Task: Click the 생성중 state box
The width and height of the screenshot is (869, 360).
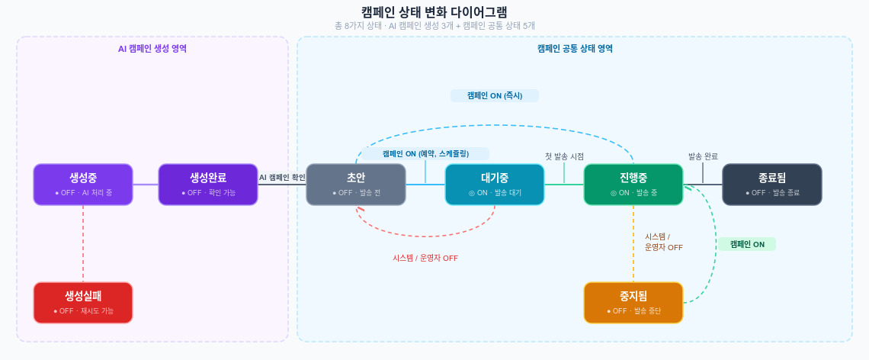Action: click(83, 184)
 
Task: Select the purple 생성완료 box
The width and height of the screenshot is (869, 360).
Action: click(208, 184)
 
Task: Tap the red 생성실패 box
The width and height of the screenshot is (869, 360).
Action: click(83, 302)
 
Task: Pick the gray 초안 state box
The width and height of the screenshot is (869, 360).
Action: click(356, 184)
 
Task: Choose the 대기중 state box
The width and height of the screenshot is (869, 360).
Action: click(495, 184)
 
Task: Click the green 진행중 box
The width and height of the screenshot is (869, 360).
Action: click(633, 184)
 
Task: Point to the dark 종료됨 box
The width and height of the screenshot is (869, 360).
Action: click(772, 184)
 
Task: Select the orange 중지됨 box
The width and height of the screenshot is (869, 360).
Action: click(633, 302)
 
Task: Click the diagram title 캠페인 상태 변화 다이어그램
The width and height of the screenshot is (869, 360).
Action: click(434, 11)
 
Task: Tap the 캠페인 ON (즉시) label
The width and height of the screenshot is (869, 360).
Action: click(495, 95)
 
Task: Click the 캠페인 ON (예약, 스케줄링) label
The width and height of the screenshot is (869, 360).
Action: click(425, 153)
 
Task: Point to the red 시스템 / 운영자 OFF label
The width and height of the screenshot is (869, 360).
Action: click(425, 258)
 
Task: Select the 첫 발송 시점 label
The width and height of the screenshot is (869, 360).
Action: click(564, 156)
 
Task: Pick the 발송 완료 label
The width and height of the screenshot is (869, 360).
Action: click(703, 156)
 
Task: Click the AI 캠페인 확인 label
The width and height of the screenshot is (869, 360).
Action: click(282, 178)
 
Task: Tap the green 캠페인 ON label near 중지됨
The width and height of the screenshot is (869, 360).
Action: click(747, 244)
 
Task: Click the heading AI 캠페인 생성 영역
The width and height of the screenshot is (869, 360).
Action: click(152, 48)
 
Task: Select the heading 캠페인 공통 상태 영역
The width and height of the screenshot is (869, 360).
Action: click(575, 48)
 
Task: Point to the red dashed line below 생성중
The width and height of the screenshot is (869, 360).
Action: click(83, 243)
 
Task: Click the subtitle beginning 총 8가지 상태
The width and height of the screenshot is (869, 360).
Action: click(434, 25)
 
